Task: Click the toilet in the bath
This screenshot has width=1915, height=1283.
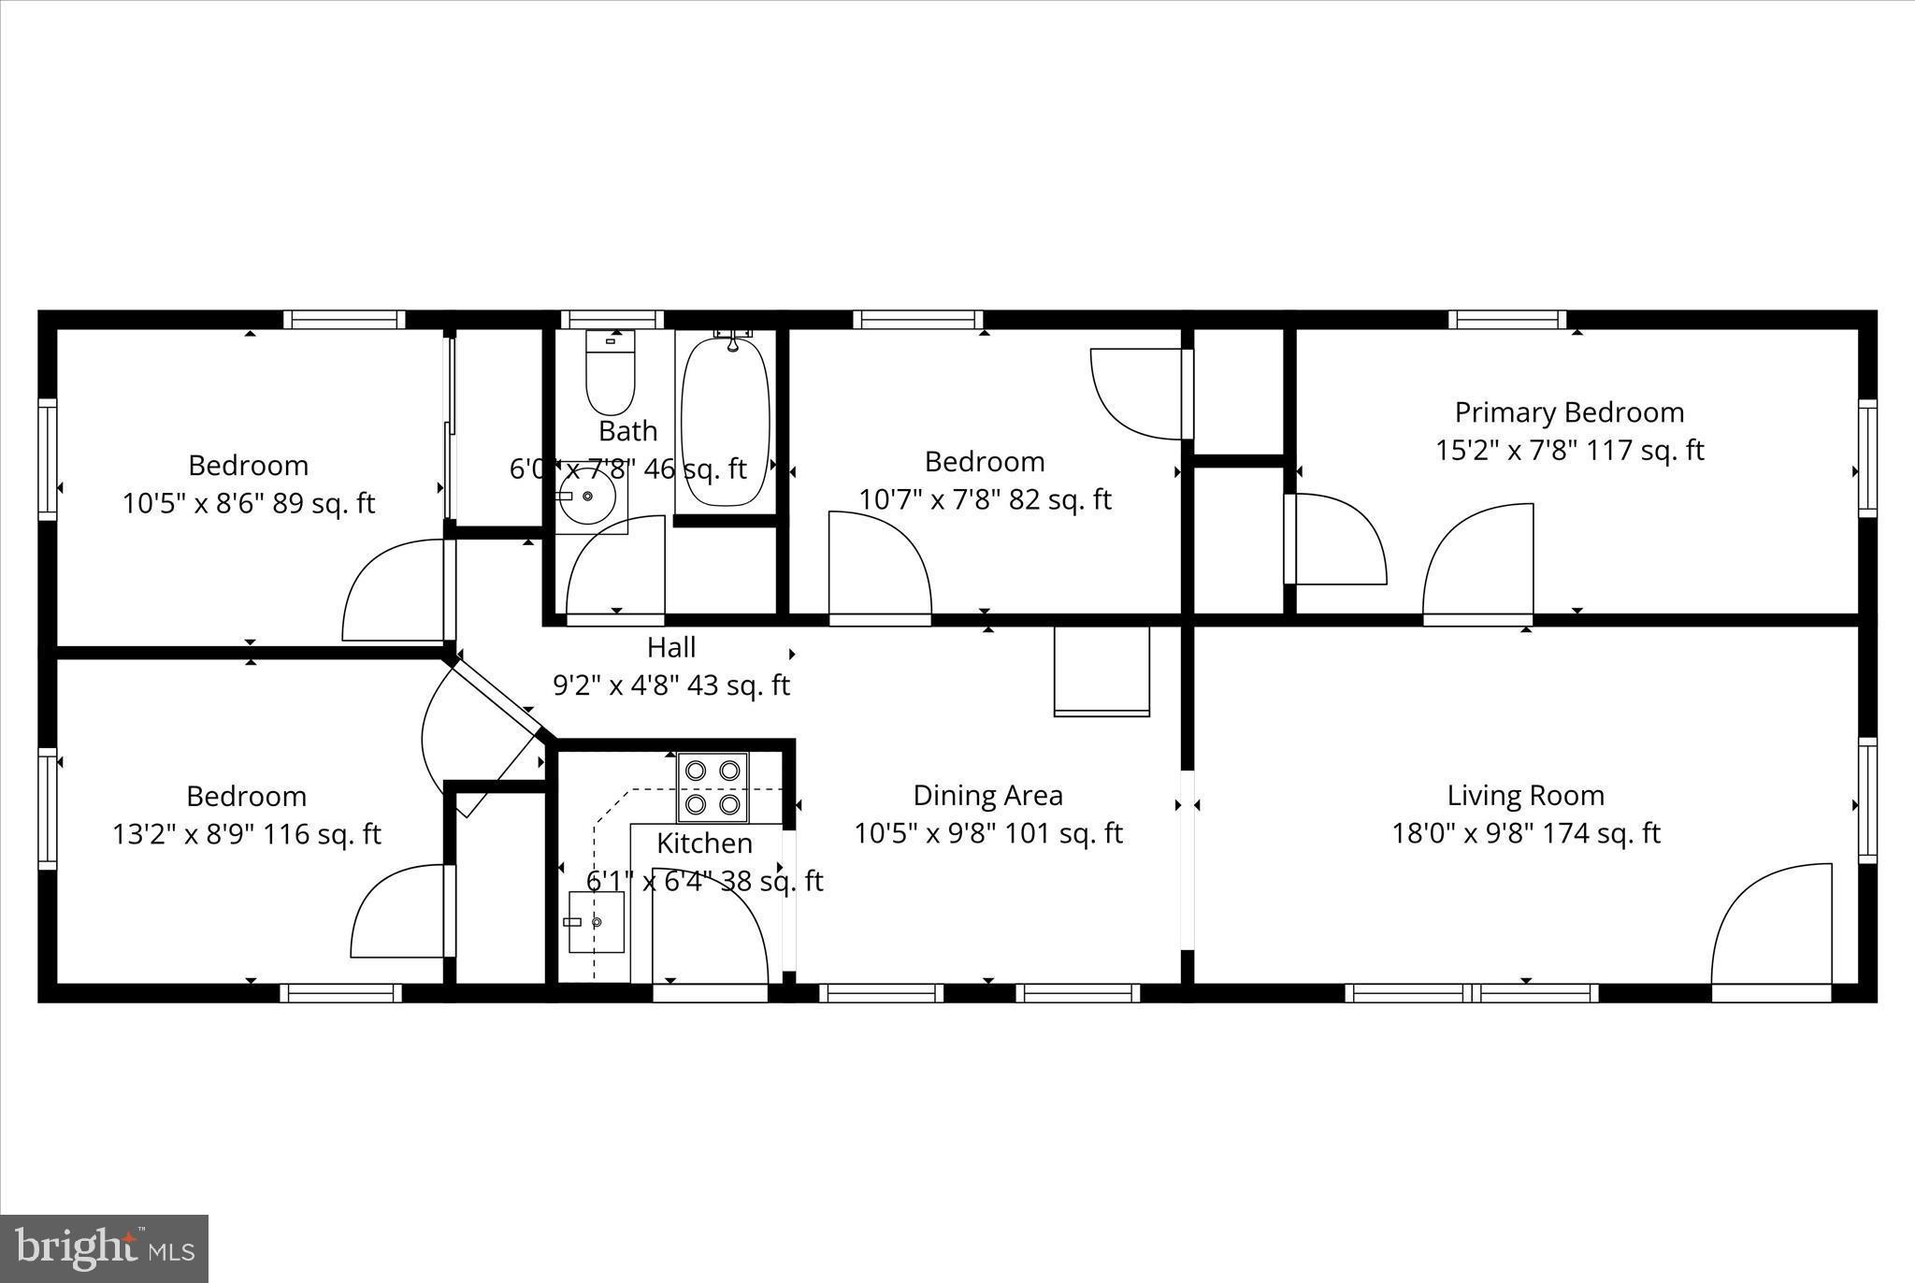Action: coord(610,373)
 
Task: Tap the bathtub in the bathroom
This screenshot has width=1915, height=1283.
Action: coord(726,422)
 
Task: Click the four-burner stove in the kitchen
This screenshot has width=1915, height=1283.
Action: coord(713,787)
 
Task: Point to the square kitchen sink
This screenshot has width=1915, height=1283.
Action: coord(597,922)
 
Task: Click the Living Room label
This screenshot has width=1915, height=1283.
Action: coord(1525,796)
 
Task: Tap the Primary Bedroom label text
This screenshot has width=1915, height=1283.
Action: coord(1569,412)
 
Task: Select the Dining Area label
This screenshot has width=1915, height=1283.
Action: coord(987,796)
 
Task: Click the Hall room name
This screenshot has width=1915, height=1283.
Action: coord(671,647)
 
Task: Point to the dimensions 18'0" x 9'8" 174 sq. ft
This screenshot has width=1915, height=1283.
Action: coord(1525,833)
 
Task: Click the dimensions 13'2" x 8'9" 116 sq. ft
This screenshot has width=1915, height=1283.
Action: coord(247,834)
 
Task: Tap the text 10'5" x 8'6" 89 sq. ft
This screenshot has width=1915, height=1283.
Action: coord(248,504)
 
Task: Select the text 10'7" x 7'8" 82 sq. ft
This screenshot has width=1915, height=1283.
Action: coord(985,499)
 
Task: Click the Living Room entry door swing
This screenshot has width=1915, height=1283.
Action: coord(1771,925)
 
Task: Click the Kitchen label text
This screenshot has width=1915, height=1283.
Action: coord(704,843)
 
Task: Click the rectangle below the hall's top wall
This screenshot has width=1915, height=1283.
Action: coord(1101,670)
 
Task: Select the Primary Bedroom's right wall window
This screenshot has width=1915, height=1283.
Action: coord(1866,458)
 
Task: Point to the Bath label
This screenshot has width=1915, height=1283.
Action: coord(627,431)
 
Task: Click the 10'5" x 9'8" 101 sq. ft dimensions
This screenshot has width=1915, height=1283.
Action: coord(987,833)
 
